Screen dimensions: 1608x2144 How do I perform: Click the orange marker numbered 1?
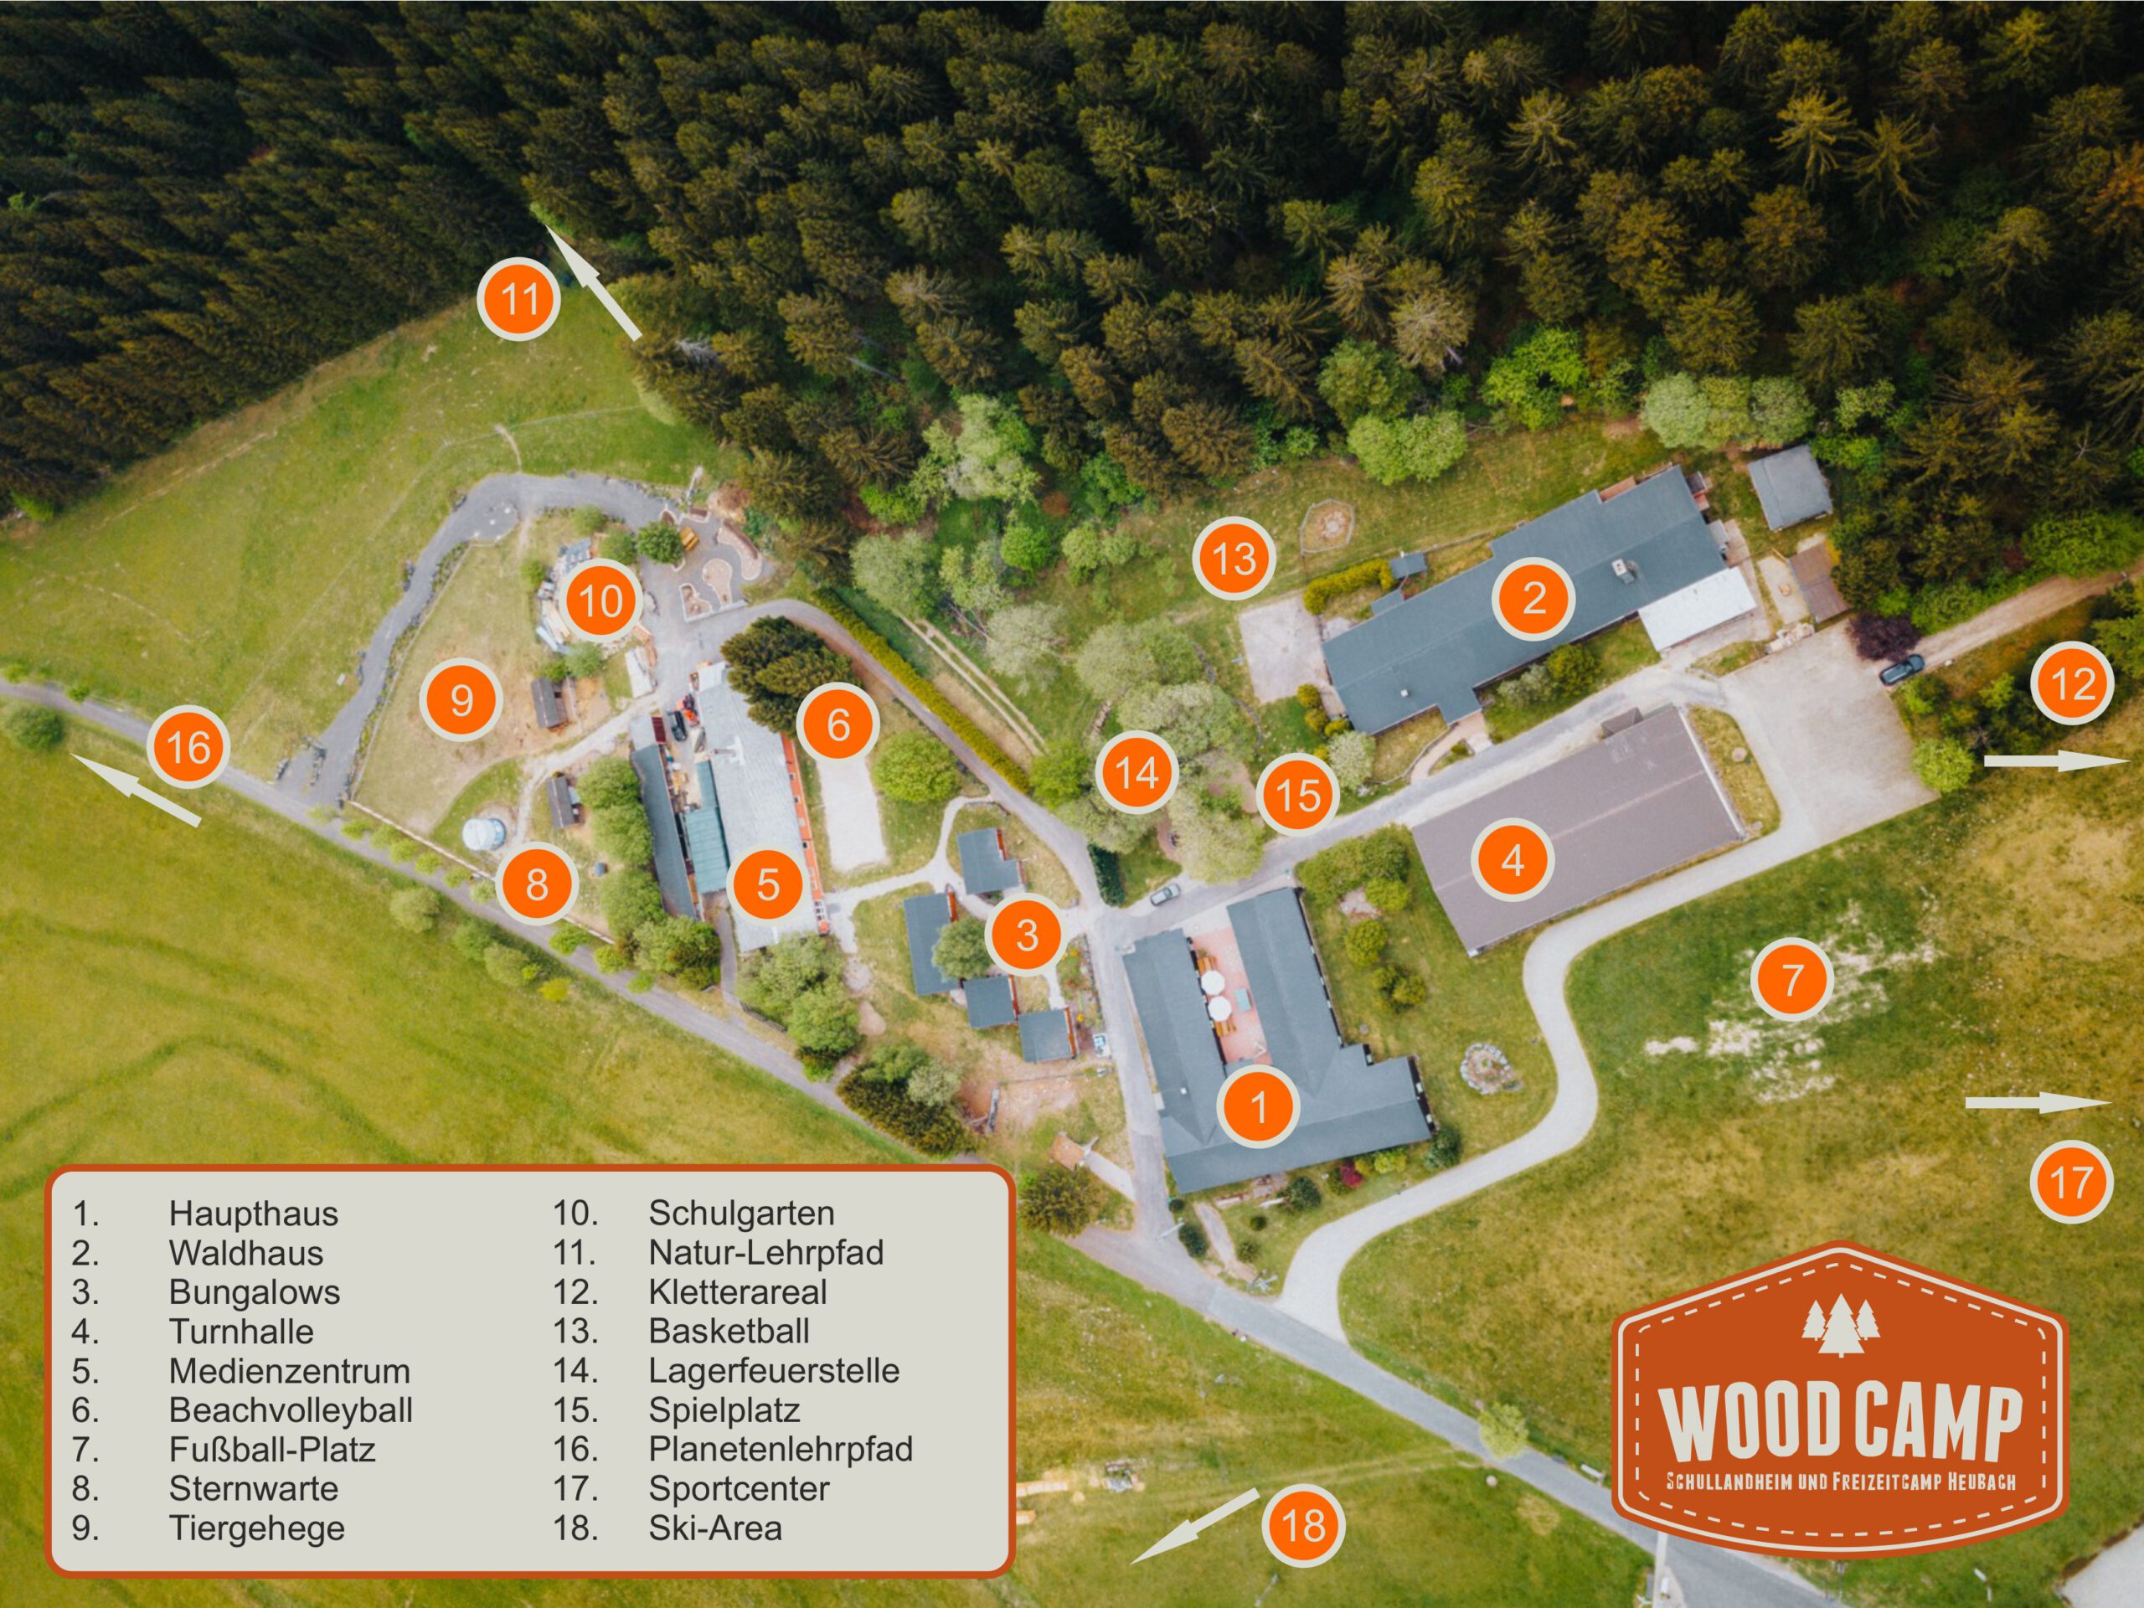(1258, 1106)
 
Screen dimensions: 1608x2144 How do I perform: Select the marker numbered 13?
(1234, 559)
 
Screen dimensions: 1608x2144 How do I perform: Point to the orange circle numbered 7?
(1792, 979)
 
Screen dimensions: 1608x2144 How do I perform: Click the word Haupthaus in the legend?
(253, 1213)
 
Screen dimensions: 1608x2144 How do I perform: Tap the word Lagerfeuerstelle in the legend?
(774, 1369)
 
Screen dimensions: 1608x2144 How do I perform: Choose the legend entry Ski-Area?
(714, 1528)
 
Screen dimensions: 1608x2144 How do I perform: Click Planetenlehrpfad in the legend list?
(781, 1448)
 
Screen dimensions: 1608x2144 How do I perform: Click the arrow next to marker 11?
(591, 282)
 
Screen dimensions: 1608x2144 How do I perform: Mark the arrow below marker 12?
(2055, 760)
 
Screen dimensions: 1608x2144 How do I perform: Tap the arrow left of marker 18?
(1194, 1527)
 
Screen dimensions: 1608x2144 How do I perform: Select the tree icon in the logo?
(1841, 1323)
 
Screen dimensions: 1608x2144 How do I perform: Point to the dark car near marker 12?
(1901, 667)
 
